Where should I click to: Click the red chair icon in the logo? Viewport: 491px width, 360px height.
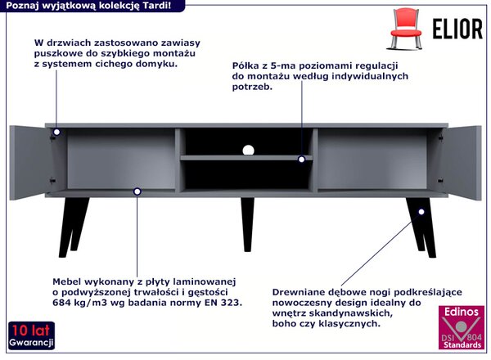[x=406, y=29]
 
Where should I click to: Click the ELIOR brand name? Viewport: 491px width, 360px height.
[x=457, y=29]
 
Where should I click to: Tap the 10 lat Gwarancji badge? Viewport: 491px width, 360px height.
[x=31, y=335]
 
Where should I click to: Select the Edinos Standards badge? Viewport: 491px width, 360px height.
[x=462, y=327]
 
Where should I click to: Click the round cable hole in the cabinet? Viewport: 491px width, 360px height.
[x=248, y=151]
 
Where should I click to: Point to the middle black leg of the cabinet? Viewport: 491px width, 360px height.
[x=247, y=224]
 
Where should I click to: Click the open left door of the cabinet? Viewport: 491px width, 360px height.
[x=29, y=162]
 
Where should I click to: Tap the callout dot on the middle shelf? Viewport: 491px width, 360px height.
[x=301, y=160]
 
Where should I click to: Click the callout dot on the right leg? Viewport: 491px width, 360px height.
[x=421, y=212]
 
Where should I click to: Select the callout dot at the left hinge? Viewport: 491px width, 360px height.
[x=56, y=132]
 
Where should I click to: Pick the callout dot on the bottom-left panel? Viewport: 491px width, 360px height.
[x=137, y=191]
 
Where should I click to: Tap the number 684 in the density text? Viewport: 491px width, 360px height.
[x=60, y=303]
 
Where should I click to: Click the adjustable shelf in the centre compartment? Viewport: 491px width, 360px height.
[x=246, y=158]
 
